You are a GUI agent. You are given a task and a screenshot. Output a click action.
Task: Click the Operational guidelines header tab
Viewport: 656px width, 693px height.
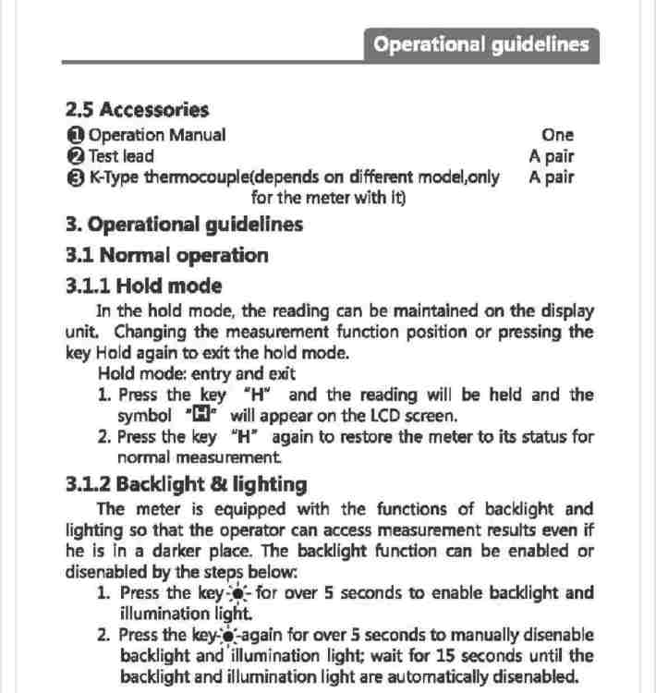pyautogui.click(x=481, y=45)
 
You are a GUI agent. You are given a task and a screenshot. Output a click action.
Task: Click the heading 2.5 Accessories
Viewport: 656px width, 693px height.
pyautogui.click(x=138, y=110)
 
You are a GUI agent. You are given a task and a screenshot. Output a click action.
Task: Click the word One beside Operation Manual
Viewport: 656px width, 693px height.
pyautogui.click(x=558, y=135)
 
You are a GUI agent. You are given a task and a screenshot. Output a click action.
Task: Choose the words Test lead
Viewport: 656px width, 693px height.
pyautogui.click(x=121, y=156)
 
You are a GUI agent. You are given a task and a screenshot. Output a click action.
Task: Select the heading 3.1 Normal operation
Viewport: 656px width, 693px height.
pyautogui.click(x=167, y=255)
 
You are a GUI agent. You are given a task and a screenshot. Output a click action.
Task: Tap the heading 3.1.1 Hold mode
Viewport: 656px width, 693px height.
pyautogui.click(x=144, y=286)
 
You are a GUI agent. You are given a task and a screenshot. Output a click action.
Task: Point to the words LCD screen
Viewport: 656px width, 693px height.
pyautogui.click(x=411, y=416)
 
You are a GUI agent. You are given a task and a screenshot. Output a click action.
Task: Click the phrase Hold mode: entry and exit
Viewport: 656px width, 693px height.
pyautogui.click(x=197, y=374)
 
